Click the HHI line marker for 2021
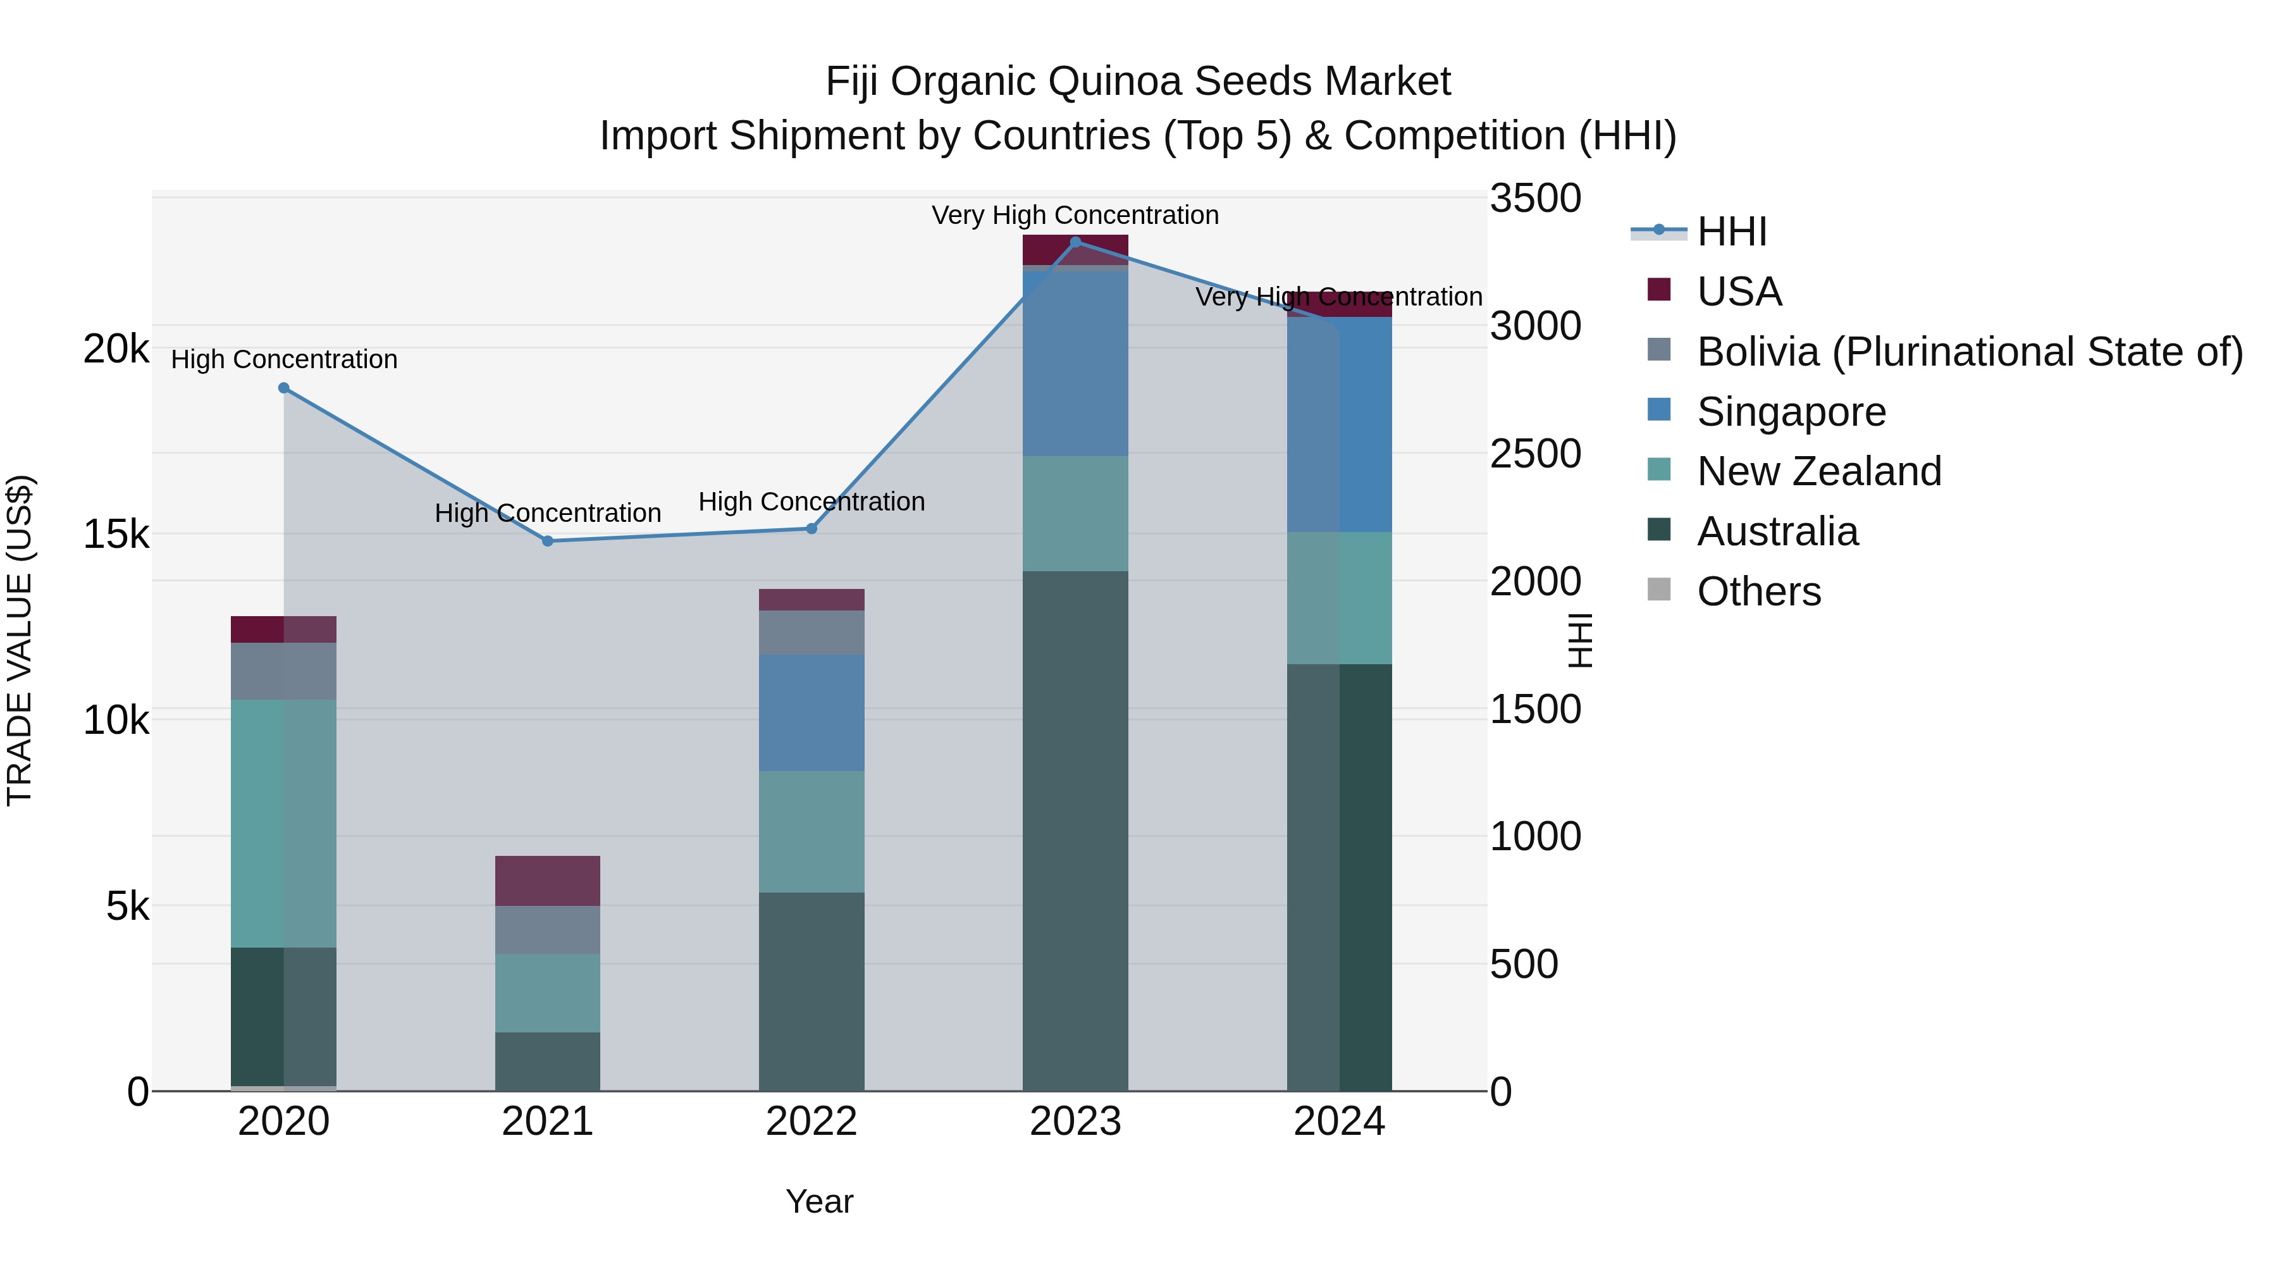tap(547, 541)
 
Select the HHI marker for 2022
tap(811, 529)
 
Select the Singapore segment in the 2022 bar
tap(811, 712)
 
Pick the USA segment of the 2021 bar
tap(547, 881)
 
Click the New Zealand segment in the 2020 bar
tap(284, 823)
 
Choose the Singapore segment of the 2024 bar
tap(1339, 424)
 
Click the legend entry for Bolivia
tap(1970, 352)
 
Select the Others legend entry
tap(1758, 591)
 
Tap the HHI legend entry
tap(1731, 232)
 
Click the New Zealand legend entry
tap(1818, 471)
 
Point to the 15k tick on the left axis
tap(116, 534)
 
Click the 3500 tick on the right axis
tap(1535, 198)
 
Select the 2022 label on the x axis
tap(811, 1122)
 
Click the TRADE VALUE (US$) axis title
tap(20, 640)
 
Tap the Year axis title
tap(819, 1201)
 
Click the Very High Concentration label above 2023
tap(1075, 215)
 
